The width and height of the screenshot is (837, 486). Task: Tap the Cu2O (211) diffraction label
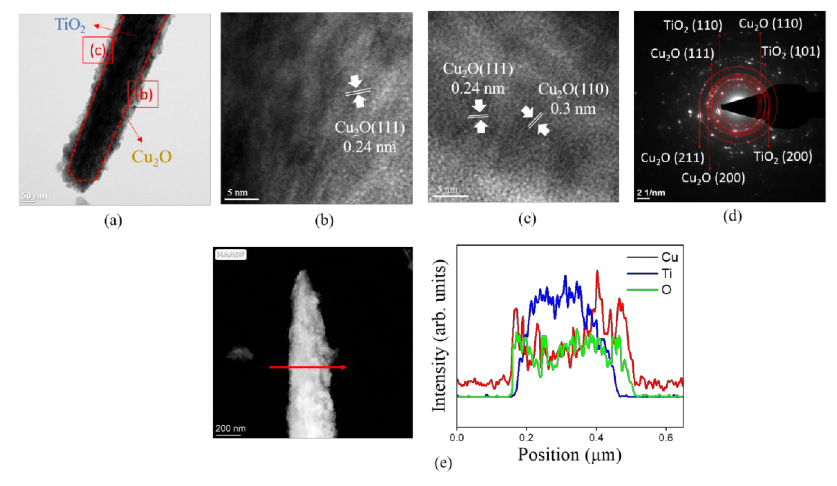pos(672,158)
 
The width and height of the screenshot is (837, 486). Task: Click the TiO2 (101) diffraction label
pos(790,51)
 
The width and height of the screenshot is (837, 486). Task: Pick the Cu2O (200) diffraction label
pos(713,178)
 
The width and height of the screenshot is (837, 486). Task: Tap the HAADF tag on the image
pos(231,255)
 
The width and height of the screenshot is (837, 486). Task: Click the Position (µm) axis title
pos(569,454)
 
